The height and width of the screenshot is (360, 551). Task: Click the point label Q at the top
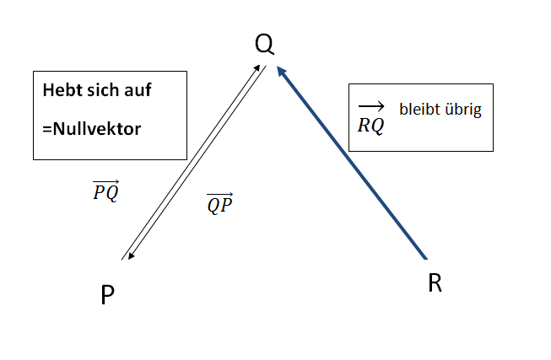point(264,45)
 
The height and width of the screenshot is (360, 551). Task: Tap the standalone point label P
point(107,295)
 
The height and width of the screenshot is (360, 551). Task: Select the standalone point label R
point(435,283)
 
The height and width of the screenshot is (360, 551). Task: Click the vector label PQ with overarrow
point(105,191)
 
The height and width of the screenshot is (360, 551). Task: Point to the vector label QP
point(219,203)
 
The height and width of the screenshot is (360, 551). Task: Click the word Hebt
point(59,90)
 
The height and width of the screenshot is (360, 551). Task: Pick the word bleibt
point(419,110)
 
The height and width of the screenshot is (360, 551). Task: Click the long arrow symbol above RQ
point(371,107)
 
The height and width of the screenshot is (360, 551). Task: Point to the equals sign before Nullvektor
point(46,132)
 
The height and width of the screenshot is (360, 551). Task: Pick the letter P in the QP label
point(226,205)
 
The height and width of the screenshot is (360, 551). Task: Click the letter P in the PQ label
point(99,193)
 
